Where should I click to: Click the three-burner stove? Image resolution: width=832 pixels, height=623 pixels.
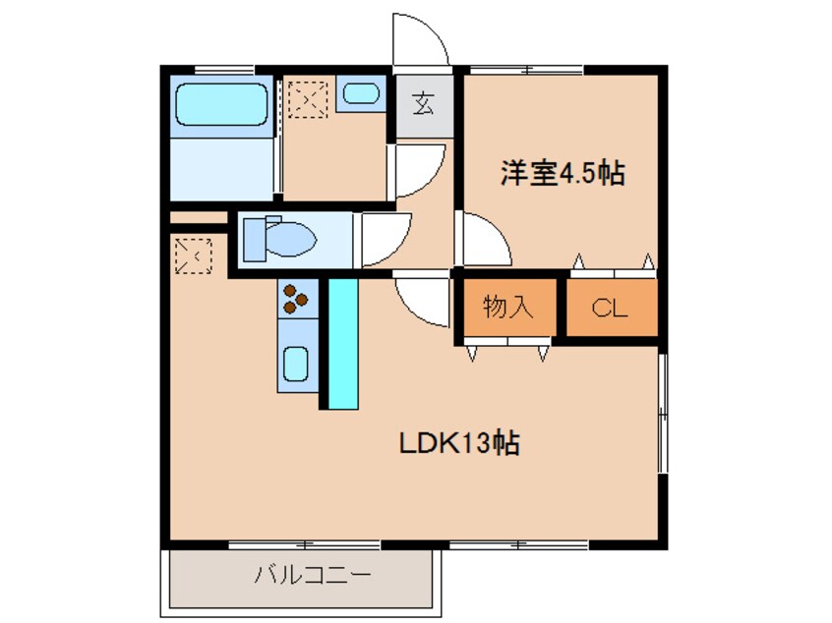click(x=297, y=298)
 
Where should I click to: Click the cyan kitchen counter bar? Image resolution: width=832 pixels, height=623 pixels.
click(x=342, y=343)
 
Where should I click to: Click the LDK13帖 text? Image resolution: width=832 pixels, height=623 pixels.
click(x=459, y=443)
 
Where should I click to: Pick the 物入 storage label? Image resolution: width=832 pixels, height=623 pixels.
click(x=507, y=308)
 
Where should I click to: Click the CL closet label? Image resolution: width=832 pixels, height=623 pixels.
click(x=609, y=309)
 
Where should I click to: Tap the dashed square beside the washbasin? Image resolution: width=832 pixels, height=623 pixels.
click(x=308, y=99)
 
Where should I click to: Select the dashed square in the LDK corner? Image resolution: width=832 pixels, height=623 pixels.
click(x=192, y=255)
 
